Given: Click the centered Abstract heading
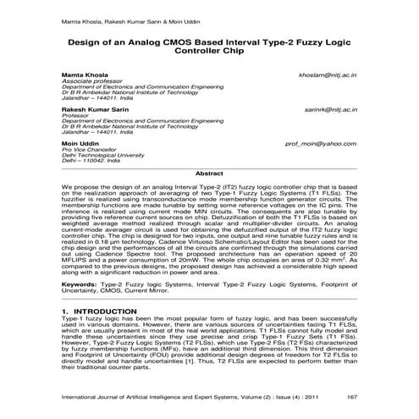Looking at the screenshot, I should [x=209, y=173].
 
